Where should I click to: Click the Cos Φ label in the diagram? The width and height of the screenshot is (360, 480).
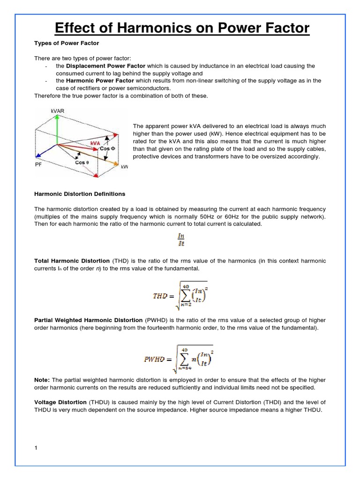pyautogui.click(x=107, y=149)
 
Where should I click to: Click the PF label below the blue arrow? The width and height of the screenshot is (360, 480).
pyautogui.click(x=39, y=165)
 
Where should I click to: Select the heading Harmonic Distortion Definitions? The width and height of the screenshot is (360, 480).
pyautogui.click(x=80, y=194)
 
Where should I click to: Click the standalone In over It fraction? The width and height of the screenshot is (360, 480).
pyautogui.click(x=180, y=240)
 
